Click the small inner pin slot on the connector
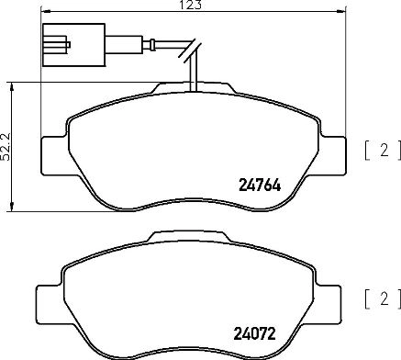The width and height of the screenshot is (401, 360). click(57, 40)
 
